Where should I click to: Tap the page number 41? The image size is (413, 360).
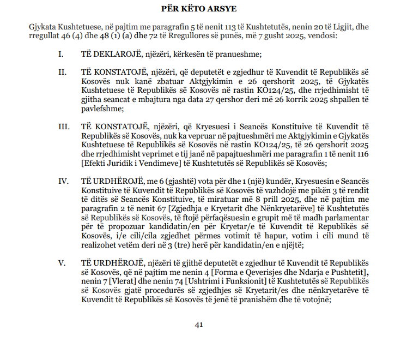tap(199, 325)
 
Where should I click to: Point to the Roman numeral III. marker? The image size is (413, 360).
tap(64, 127)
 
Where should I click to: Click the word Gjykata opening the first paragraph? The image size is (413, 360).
tap(44, 27)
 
